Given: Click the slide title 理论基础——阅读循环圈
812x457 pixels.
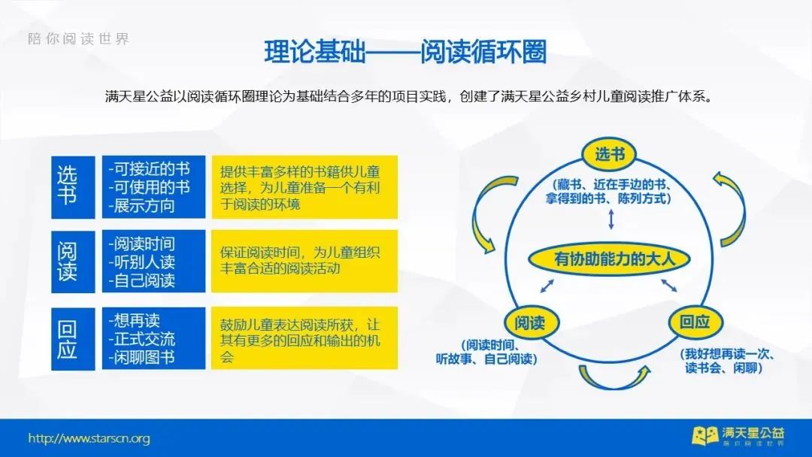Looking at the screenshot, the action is coord(405,52).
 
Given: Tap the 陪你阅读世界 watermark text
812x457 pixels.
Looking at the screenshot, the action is coord(79,39).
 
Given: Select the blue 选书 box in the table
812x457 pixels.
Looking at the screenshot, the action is coord(73,187).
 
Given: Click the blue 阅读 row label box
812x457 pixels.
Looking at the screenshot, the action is coord(73,262).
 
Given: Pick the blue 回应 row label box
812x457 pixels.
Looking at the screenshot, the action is coord(73,339).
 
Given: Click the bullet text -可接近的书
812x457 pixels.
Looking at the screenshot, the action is coord(149,169).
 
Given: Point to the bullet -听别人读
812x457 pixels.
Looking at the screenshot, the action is coord(142,262).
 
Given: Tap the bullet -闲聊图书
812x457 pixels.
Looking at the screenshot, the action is coord(142,357).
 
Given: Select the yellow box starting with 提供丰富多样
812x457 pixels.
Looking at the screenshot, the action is coord(304,187).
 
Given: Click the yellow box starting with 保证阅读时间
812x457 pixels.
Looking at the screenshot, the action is coord(304,262).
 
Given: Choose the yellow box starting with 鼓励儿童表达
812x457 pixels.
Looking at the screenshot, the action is coord(304,338).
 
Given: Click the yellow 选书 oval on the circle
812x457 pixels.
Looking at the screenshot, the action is coord(610,154).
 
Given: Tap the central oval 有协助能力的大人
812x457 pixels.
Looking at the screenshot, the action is coord(610,259).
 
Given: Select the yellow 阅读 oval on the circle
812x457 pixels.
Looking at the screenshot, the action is coord(530,322).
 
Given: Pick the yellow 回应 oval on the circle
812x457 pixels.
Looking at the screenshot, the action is coord(695,322).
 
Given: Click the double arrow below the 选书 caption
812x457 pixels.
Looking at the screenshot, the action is coord(611,219).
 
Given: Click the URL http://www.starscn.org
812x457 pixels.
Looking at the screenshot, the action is coord(89,438).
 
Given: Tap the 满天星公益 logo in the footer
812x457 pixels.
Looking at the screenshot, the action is coord(738,436).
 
